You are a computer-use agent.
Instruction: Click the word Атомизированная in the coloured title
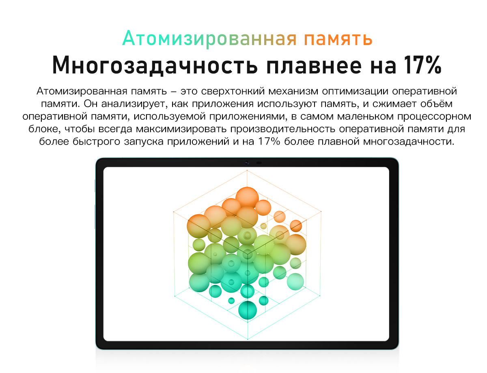tap(209, 39)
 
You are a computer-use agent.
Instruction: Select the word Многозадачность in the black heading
tap(155, 65)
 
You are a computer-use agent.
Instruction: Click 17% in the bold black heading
tap(423, 65)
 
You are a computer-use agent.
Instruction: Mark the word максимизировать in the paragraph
tap(181, 129)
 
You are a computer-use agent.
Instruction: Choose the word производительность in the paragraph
tap(283, 129)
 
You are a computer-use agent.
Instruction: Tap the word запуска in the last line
tap(144, 142)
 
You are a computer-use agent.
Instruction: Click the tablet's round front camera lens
tap(247, 163)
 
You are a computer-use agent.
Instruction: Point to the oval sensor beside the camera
tap(259, 163)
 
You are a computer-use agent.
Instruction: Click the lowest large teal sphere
tap(248, 310)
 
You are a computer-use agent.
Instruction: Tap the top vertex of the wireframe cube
tap(247, 170)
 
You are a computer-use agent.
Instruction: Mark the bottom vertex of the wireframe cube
tap(248, 339)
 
